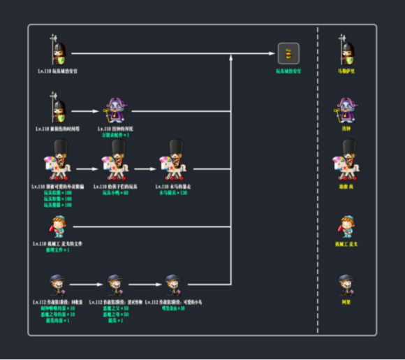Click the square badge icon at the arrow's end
pos(288,53)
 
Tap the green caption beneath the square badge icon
pos(288,71)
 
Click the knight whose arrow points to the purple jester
pos(59,108)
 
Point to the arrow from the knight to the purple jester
pos(87,110)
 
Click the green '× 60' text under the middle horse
pos(116,192)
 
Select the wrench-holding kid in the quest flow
pos(59,226)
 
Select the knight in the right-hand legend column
pos(346,50)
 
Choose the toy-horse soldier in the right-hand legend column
pos(346,161)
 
